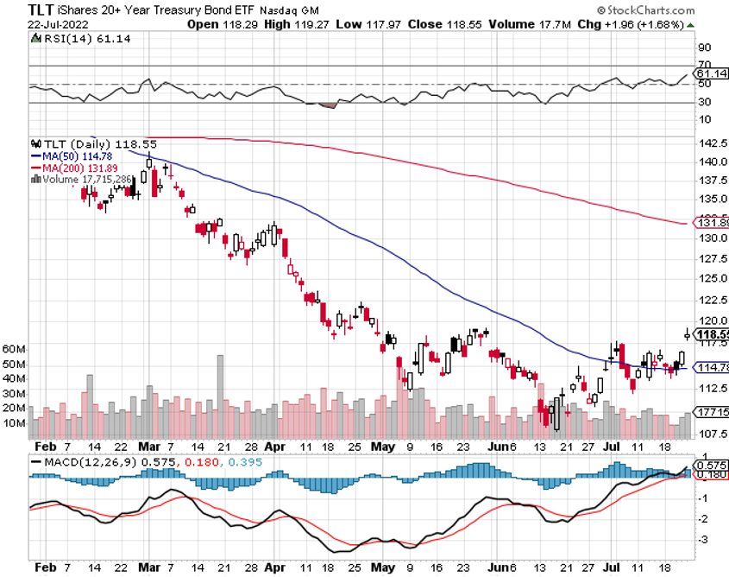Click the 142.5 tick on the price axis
click(x=710, y=143)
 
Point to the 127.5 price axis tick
click(x=710, y=258)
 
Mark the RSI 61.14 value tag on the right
click(x=711, y=75)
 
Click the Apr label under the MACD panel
click(x=274, y=568)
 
